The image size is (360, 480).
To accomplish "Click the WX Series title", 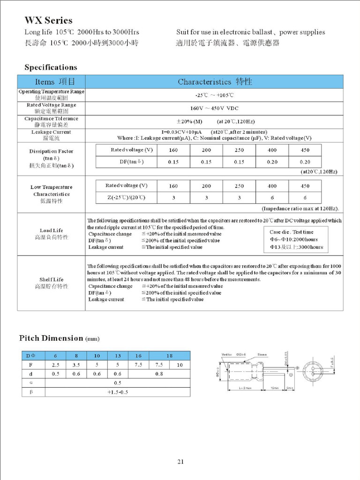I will coord(48,21).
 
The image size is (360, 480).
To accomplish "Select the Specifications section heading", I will coord(51,67).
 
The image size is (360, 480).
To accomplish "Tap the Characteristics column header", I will coord(215,82).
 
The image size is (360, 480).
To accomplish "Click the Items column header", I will coord(51,82).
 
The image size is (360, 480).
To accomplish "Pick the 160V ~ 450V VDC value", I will coord(214,108).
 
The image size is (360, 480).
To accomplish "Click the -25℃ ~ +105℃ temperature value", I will coord(214,95).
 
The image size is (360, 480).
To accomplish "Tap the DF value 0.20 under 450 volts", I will coord(305,162).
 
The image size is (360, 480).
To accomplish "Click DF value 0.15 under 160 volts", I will coord(173,162).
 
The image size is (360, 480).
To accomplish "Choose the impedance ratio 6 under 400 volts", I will coord(272,198).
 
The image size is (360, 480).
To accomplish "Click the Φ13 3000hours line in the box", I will coord(296,247).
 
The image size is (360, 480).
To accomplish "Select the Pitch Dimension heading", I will coord(59,338).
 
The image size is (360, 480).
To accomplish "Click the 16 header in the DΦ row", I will coord(139,356).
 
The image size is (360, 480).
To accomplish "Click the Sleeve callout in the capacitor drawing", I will coord(262,355).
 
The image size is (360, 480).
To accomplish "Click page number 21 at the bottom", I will coord(180,462).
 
